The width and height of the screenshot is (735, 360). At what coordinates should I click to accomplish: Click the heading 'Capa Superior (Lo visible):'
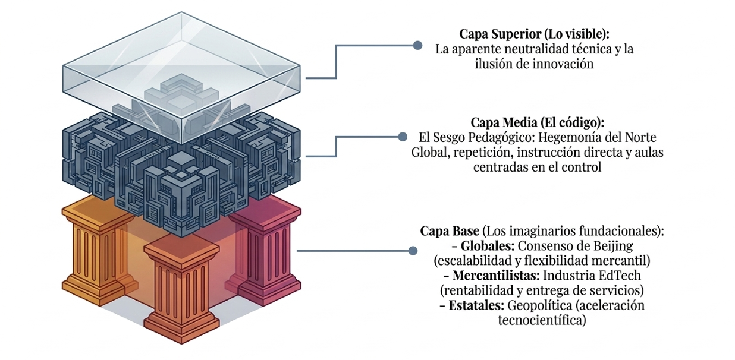click(x=534, y=34)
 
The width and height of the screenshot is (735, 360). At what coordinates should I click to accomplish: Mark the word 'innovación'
click(x=563, y=64)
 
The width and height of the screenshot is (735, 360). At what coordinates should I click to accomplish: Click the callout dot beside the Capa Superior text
click(x=417, y=45)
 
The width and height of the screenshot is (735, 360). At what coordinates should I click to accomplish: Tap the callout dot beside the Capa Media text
click(x=402, y=137)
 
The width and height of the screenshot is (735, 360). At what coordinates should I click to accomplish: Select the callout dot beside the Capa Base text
click(x=413, y=251)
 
